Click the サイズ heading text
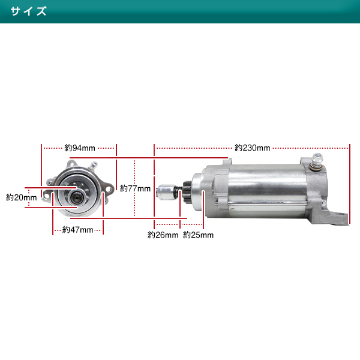28,11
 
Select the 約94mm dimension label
80,148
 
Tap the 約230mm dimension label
253,148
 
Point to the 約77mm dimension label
135,188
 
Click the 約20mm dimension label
22,197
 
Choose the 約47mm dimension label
77,230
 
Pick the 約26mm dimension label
163,235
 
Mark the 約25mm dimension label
198,235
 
